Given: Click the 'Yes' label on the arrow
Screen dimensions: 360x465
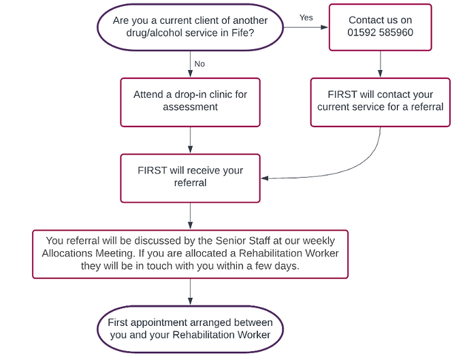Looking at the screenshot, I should [x=306, y=18].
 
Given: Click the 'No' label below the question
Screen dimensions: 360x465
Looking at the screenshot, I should [x=199, y=64].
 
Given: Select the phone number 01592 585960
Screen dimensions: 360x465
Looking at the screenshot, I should [x=380, y=33].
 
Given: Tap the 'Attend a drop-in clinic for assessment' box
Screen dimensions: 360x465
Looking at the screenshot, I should [x=190, y=101].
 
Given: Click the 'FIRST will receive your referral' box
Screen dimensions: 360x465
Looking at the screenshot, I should [x=190, y=177].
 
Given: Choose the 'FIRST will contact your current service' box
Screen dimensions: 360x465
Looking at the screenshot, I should [x=380, y=101].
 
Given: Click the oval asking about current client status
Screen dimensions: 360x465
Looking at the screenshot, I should [x=190, y=27].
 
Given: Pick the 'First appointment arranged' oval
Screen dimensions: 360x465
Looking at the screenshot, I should [x=190, y=329].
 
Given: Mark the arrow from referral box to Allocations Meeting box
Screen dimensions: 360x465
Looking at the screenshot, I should [x=190, y=216].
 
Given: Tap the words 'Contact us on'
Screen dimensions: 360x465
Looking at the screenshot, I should [x=380, y=20].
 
